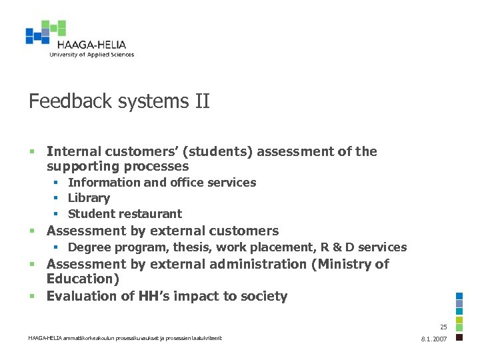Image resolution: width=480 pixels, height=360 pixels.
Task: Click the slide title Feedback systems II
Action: pos(119,101)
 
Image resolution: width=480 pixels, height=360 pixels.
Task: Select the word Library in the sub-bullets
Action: pos(89,198)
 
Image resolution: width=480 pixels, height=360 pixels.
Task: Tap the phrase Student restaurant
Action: pos(125,214)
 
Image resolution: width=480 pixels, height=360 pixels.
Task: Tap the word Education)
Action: pos(83,279)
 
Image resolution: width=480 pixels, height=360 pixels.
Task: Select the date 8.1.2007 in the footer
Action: pos(434,339)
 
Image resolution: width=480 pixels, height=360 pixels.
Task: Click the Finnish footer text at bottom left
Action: pos(125,339)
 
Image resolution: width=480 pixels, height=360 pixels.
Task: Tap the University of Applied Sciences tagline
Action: pos(91,55)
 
